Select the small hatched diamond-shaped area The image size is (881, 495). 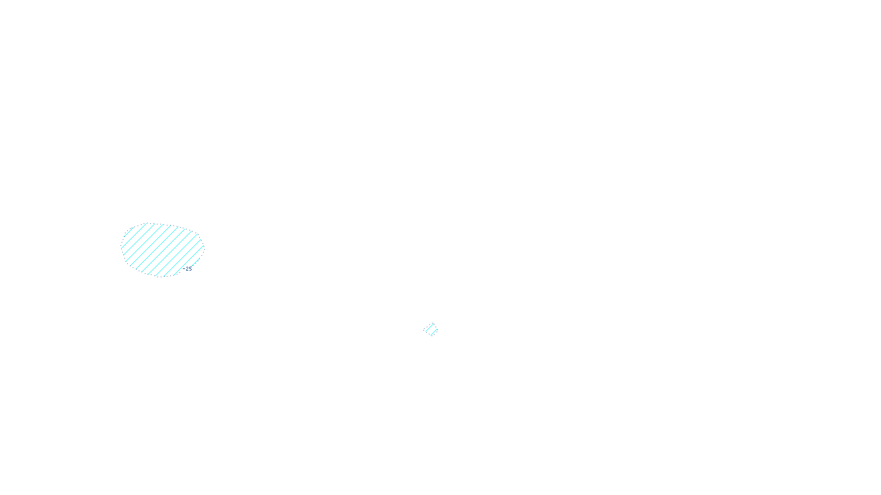pos(431,329)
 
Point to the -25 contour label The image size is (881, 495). pos(188,269)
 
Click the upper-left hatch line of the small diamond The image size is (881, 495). pos(429,328)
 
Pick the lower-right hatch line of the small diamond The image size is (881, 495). pos(433,332)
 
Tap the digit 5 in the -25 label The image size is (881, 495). pos(191,269)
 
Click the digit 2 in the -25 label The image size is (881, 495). pos(187,269)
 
